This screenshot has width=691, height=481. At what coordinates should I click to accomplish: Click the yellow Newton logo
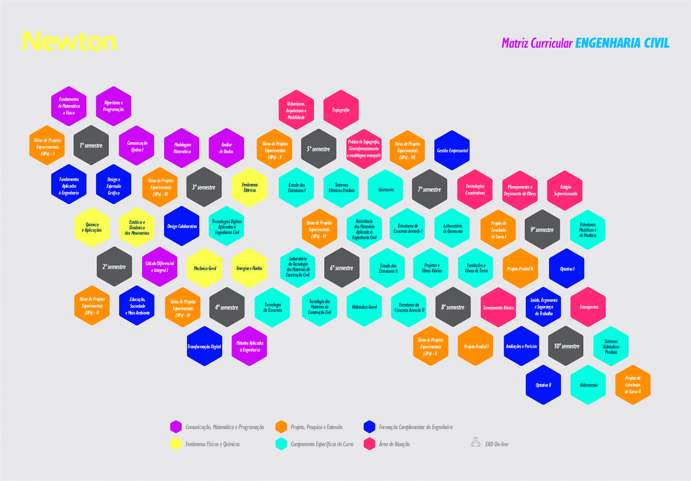pos(69,41)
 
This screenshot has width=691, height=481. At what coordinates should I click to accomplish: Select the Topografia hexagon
pos(341,109)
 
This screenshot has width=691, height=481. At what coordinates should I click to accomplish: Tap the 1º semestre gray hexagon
pos(91,146)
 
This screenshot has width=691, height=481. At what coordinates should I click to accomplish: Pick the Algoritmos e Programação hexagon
pos(113,106)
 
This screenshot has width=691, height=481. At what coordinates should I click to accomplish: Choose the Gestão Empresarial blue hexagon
pos(452,150)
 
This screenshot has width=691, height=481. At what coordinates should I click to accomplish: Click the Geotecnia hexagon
pos(386,189)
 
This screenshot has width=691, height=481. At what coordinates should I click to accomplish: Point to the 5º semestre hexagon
pos(318,148)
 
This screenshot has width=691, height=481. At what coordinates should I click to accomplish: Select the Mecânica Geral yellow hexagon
pos(204,268)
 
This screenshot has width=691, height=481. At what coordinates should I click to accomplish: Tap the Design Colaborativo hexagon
pos(182,226)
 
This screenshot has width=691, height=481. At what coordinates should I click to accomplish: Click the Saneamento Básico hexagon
pos(498,307)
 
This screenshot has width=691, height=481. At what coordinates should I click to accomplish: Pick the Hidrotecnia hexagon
pos(588,385)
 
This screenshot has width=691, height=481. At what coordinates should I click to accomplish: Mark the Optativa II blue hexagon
pos(544,385)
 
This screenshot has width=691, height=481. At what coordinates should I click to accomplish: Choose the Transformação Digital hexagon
pos(204,346)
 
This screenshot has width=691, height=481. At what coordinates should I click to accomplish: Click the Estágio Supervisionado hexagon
pos(565,190)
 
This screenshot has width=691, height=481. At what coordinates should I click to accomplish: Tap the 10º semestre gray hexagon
pos(566,346)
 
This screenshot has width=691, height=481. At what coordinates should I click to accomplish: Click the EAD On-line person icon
pos(476,442)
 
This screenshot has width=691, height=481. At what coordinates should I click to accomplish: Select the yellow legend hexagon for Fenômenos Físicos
pos(176,444)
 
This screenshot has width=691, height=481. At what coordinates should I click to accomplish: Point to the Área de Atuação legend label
pos(394,444)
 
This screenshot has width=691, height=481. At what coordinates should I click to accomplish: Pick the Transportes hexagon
pos(588,307)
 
